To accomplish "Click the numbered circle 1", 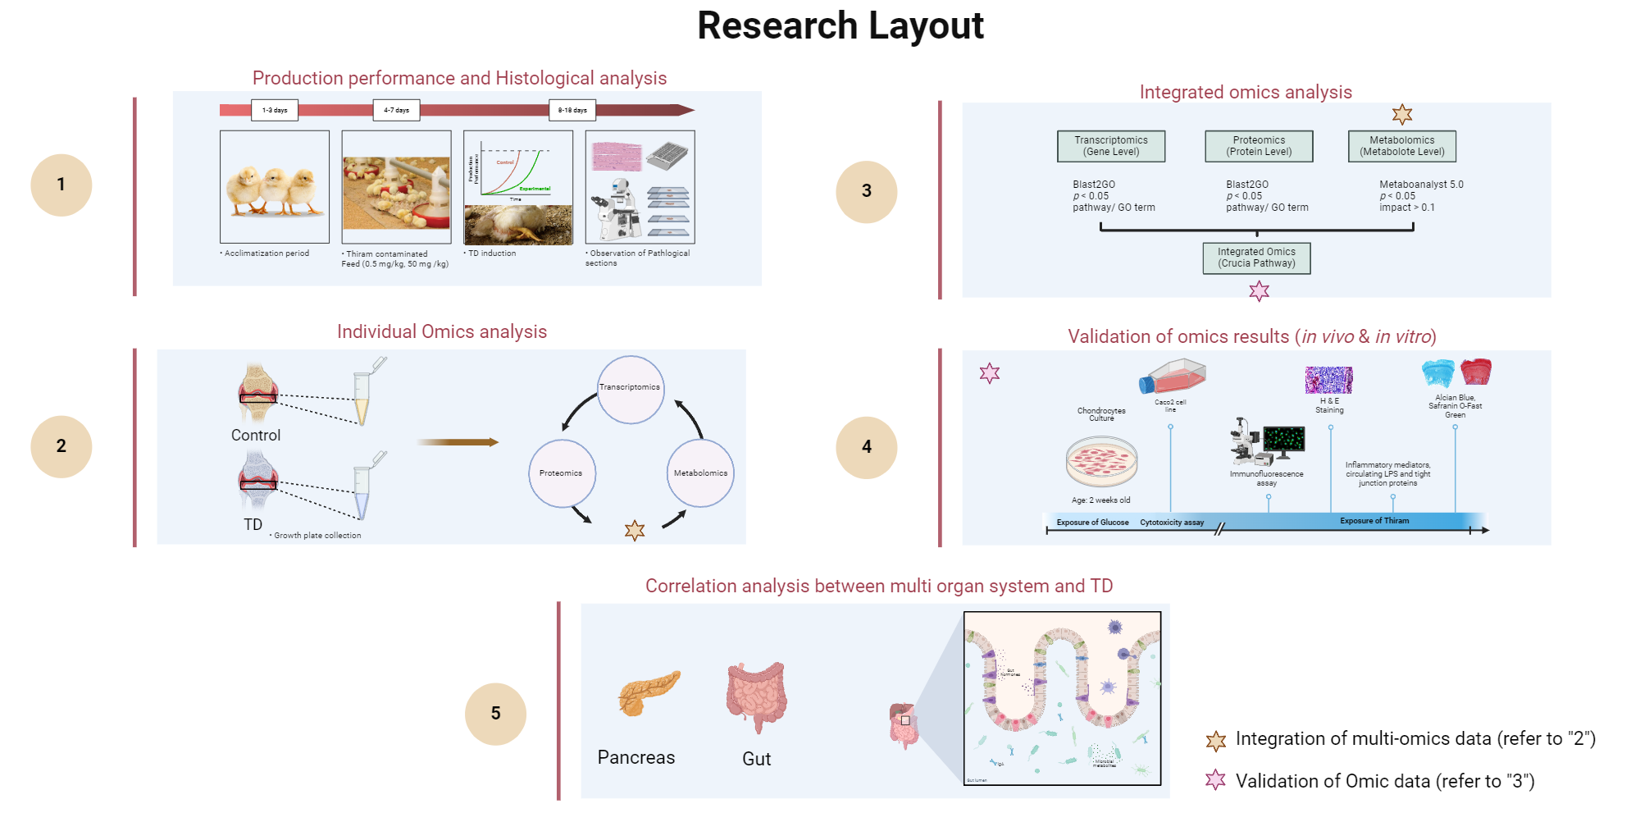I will [61, 185].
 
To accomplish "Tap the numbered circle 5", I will [495, 714].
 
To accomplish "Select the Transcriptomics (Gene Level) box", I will [1111, 146].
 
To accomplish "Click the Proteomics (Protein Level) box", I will [1259, 146].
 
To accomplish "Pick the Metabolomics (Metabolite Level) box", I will [1402, 146].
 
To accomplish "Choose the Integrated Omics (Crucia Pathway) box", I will [1256, 258].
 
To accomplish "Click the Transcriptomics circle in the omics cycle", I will [630, 389].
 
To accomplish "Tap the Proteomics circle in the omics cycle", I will [562, 473].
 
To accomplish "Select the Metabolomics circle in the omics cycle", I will [700, 473].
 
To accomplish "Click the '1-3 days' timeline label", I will [275, 110].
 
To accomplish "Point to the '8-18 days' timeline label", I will [572, 110].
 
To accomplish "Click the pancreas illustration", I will [648, 693].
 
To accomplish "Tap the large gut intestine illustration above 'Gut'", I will [756, 696].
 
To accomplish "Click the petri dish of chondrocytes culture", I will [1101, 461].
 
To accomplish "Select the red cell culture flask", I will [1173, 377].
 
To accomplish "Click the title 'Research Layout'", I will [840, 25].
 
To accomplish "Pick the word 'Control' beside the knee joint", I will [256, 436].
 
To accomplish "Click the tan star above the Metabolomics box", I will [1402, 115].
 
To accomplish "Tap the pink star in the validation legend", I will [1215, 780].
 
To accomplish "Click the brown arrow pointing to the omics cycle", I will [457, 442].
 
